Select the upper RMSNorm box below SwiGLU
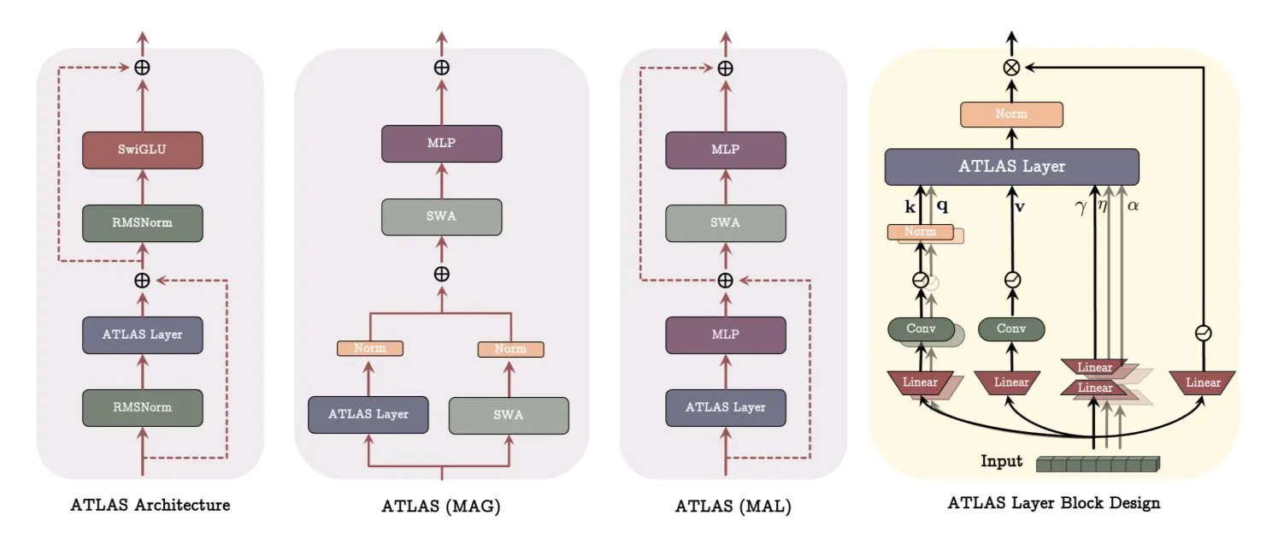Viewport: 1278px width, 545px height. click(142, 222)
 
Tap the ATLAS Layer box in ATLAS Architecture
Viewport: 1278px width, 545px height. click(142, 335)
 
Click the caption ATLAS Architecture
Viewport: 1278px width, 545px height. click(150, 505)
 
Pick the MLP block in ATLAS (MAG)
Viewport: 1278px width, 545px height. click(441, 143)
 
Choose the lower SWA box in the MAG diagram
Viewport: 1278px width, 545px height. click(509, 414)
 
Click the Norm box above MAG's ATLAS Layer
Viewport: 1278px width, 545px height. click(369, 348)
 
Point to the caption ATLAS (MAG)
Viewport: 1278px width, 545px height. click(440, 506)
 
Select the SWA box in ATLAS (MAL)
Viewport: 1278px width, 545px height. click(725, 222)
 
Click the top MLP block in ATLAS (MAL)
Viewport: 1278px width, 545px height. click(725, 149)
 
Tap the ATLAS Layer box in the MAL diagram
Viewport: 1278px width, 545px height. click(725, 407)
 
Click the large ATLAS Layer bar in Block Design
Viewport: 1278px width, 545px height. click(1011, 167)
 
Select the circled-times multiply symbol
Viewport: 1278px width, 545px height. click(1011, 69)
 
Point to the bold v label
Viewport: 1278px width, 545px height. click(1020, 206)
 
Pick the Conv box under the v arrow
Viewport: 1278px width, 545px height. click(1011, 329)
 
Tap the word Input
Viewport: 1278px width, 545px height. click(1001, 462)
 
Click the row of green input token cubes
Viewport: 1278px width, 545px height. click(1098, 464)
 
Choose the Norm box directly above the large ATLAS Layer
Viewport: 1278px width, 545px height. click(1011, 115)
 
